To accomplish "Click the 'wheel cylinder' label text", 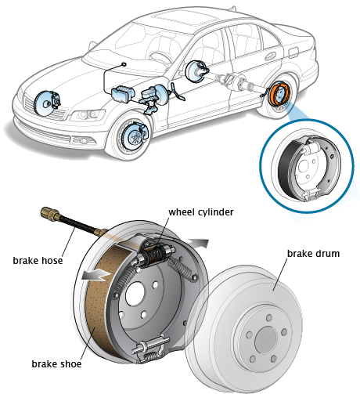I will coord(200,211).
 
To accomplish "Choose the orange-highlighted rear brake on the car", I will coord(278,93).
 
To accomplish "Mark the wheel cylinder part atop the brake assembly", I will coord(160,253).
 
